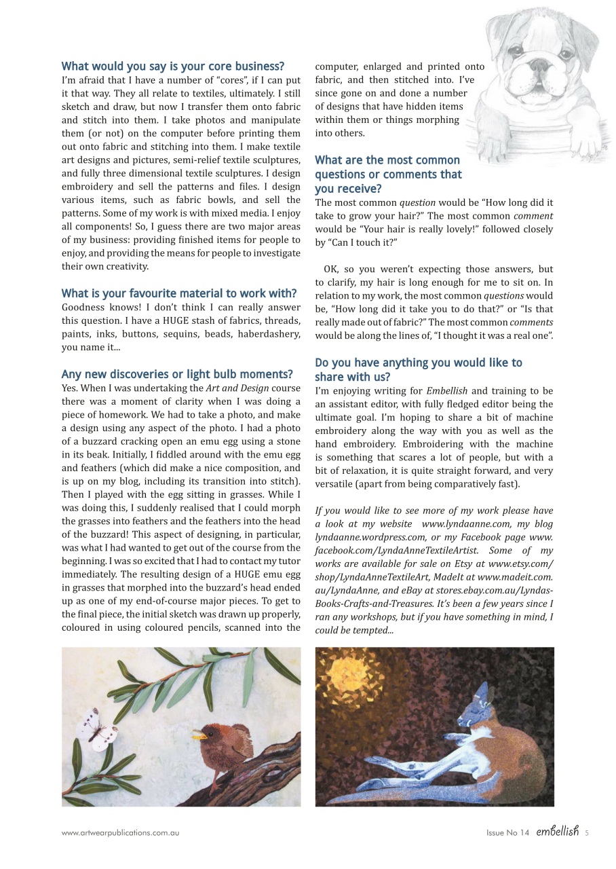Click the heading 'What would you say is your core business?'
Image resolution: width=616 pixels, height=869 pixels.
click(x=172, y=67)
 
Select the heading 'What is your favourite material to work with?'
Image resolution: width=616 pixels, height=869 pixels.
click(x=178, y=293)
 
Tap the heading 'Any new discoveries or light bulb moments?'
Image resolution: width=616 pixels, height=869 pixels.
click(x=176, y=374)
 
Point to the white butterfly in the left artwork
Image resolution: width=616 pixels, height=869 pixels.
click(x=97, y=731)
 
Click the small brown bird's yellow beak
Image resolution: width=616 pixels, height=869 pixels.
click(x=199, y=735)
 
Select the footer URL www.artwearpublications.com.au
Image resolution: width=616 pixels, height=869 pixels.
click(x=120, y=832)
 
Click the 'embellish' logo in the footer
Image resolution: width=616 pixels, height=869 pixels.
click(x=557, y=832)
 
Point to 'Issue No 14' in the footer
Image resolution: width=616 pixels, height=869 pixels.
click(x=507, y=833)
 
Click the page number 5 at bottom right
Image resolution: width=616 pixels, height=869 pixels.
click(x=587, y=833)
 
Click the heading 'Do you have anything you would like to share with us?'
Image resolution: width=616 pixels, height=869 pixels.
click(x=418, y=369)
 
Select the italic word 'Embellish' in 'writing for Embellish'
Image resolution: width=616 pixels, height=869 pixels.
click(x=447, y=391)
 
